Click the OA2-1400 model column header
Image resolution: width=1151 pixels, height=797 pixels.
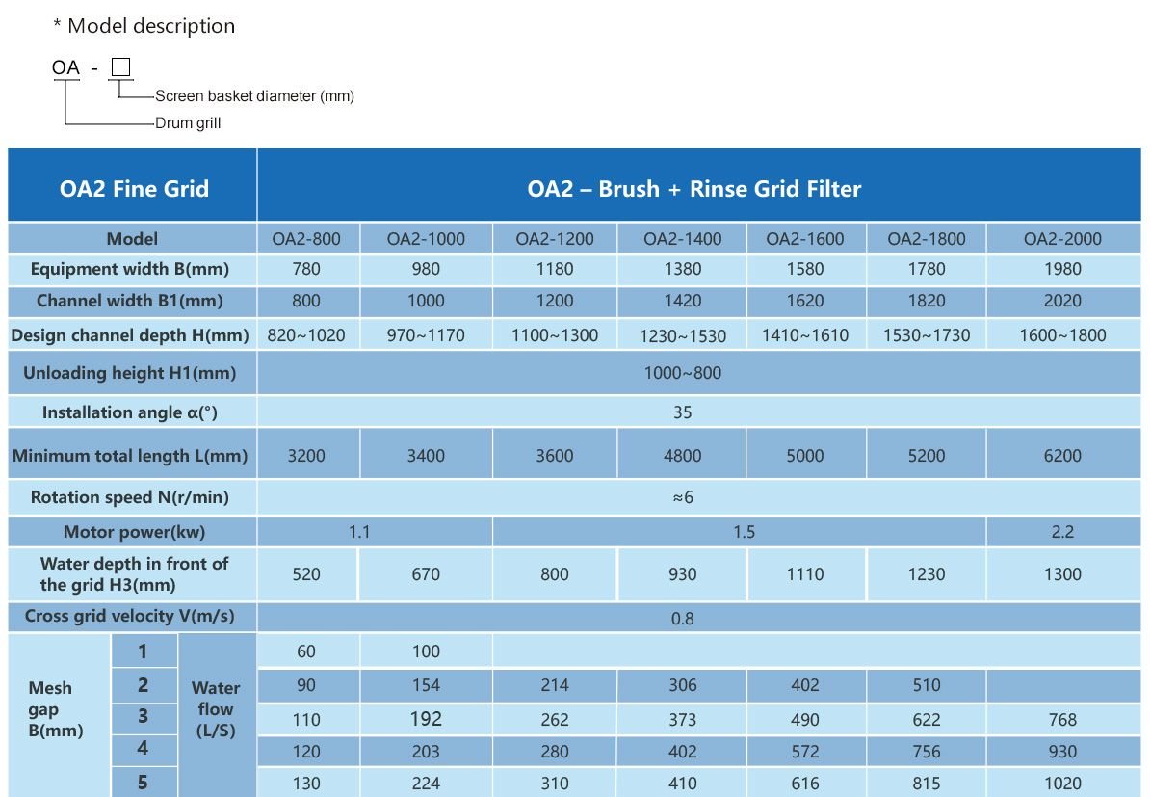pyautogui.click(x=682, y=239)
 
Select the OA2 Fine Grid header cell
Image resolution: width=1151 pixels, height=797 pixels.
pyautogui.click(x=134, y=188)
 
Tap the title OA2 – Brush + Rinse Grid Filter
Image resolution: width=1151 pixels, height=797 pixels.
pyautogui.click(x=693, y=188)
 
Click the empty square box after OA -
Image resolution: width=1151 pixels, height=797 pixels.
pyautogui.click(x=120, y=67)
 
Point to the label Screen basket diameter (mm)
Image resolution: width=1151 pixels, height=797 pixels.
pyautogui.click(x=254, y=96)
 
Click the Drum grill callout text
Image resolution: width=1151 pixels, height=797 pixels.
pyautogui.click(x=188, y=123)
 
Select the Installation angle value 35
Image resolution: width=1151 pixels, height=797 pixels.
pyautogui.click(x=683, y=412)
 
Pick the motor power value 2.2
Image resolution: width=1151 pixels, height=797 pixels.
pyautogui.click(x=1062, y=532)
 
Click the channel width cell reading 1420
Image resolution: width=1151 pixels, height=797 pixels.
pyautogui.click(x=682, y=301)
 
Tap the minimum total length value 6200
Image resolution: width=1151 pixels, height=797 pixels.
pyautogui.click(x=1062, y=456)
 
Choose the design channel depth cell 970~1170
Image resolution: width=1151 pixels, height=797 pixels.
pyautogui.click(x=426, y=335)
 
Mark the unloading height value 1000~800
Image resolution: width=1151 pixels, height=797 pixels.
pyautogui.click(x=683, y=373)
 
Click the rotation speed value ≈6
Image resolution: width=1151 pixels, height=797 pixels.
pyautogui.click(x=683, y=497)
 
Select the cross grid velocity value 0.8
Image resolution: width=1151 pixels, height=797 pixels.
pyautogui.click(x=683, y=618)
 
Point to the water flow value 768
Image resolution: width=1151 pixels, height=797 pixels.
pyautogui.click(x=1062, y=720)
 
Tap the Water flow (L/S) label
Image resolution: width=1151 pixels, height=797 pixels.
pyautogui.click(x=216, y=709)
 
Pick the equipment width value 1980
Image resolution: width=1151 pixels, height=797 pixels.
pyautogui.click(x=1062, y=270)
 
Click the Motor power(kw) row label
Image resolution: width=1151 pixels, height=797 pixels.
pyautogui.click(x=134, y=532)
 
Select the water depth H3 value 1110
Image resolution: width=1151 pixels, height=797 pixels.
pyautogui.click(x=804, y=574)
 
